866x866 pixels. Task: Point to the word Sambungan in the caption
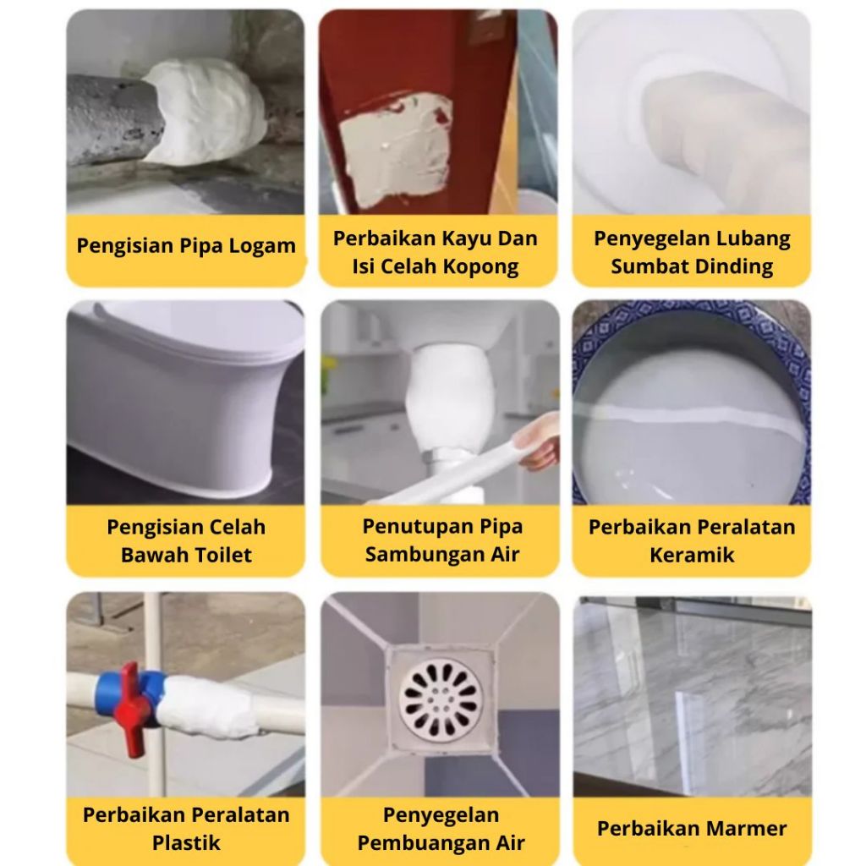pos(423,554)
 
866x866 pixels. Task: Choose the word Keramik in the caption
pos(692,555)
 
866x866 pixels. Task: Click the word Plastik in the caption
pos(186,843)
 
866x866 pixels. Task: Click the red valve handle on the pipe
pos(132,710)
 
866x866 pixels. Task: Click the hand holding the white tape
pos(539,441)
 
